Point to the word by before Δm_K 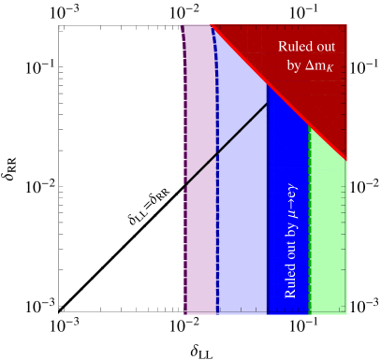(294, 67)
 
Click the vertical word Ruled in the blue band (290, 278)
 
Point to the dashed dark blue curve (217, 234)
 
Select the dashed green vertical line (309, 234)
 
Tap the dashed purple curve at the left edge (184, 234)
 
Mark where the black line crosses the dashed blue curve (217, 151)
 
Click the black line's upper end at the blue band (268, 103)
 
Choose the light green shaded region (329, 234)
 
